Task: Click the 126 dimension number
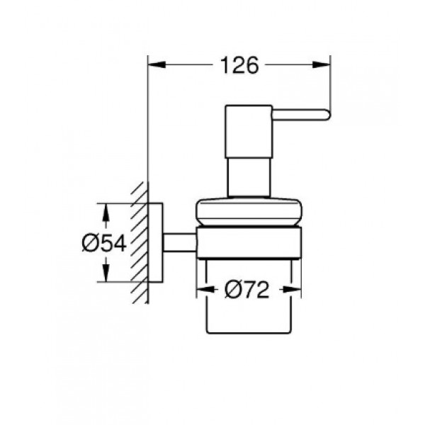(x=240, y=65)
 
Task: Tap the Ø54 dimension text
(x=104, y=243)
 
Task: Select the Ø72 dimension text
(x=247, y=290)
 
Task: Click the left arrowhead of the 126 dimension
(x=157, y=64)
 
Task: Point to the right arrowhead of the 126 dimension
(x=322, y=64)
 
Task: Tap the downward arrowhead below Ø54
(x=106, y=273)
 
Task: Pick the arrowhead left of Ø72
(x=205, y=290)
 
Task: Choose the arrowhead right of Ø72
(x=293, y=290)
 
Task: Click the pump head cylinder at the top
(x=249, y=131)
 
